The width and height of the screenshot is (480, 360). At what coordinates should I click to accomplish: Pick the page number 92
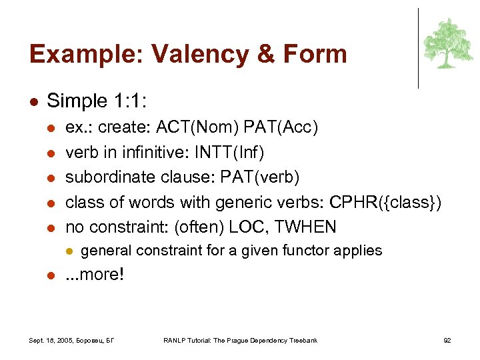[447, 341]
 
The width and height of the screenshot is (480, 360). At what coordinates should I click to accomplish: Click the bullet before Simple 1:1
[34, 102]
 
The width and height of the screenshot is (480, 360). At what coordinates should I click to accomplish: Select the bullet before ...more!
[51, 275]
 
